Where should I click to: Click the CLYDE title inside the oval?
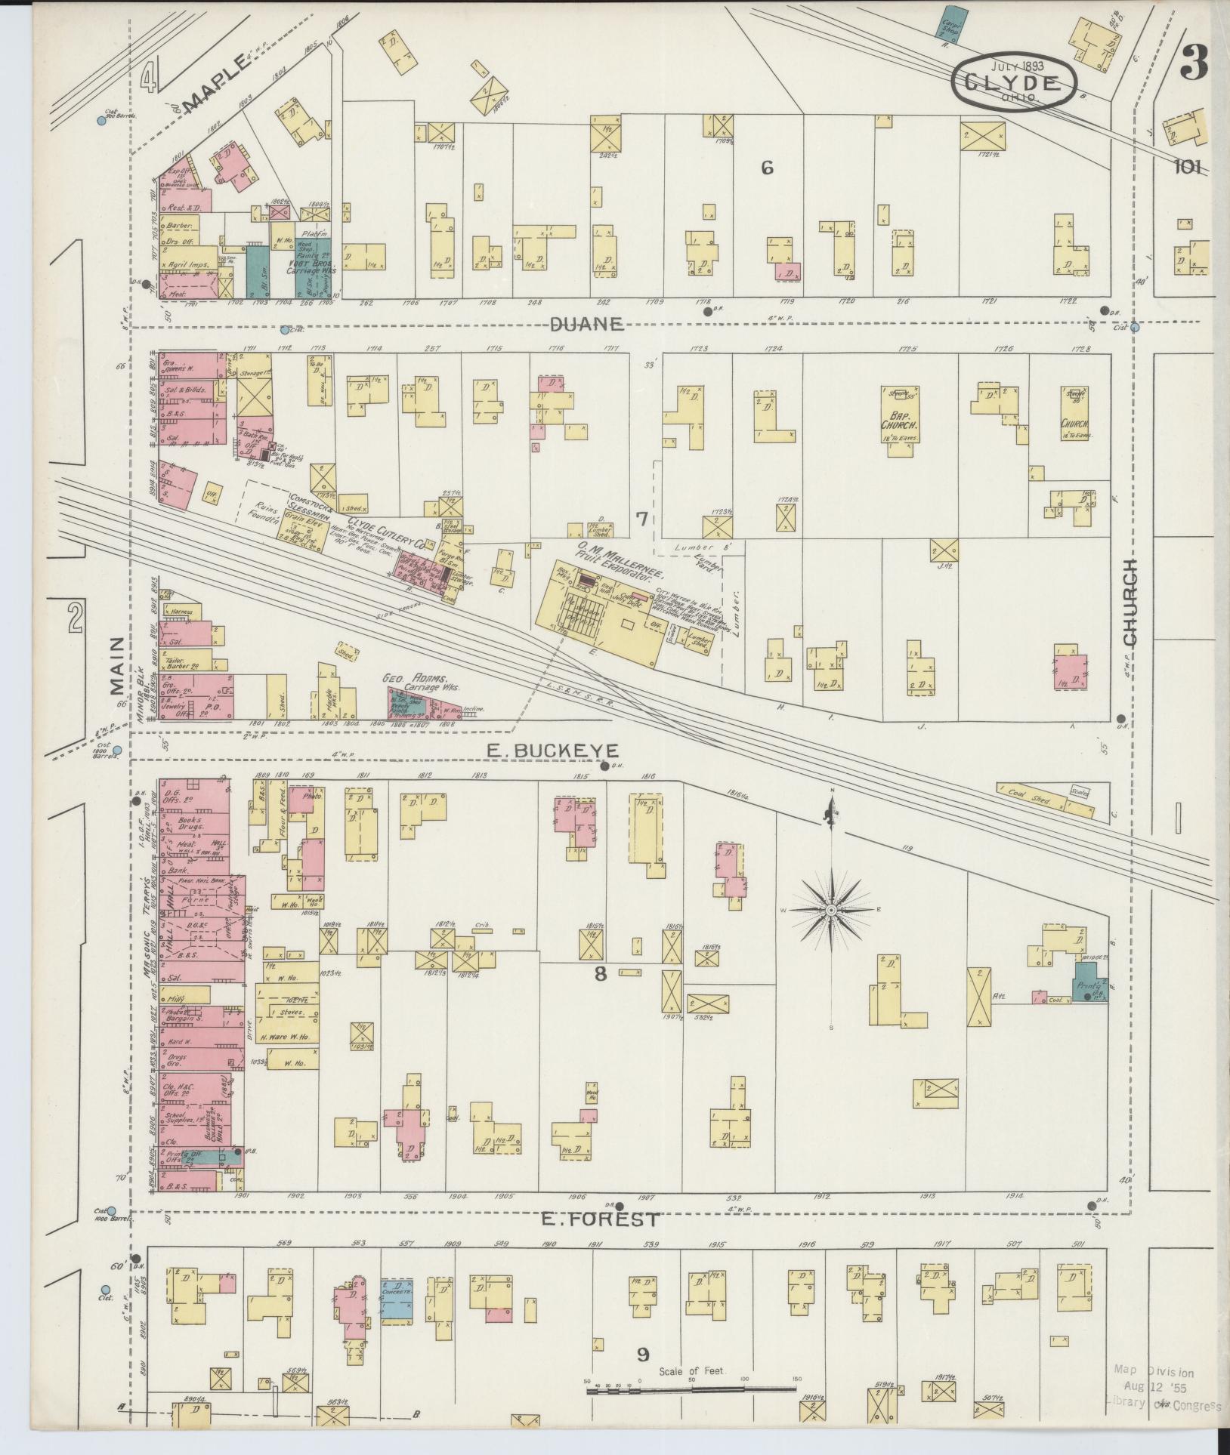click(x=1013, y=80)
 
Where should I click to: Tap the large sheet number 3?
click(x=1194, y=63)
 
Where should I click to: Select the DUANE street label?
click(x=586, y=325)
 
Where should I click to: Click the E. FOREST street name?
click(x=601, y=1219)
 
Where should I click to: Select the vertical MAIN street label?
click(x=116, y=664)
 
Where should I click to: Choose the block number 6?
click(x=767, y=168)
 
